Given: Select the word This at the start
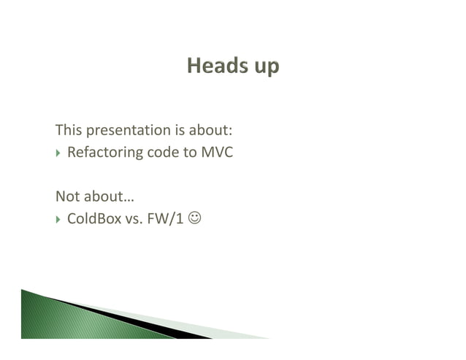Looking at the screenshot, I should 69,131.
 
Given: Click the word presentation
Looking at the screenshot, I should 129,132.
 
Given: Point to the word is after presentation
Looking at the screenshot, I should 180,131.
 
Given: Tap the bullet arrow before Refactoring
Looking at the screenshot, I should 59,154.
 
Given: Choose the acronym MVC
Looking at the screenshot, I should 217,153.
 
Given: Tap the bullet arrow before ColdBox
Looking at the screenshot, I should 59,219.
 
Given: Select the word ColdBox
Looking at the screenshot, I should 93,218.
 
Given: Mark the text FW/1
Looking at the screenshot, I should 166,218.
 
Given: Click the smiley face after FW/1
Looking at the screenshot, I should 194,218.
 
